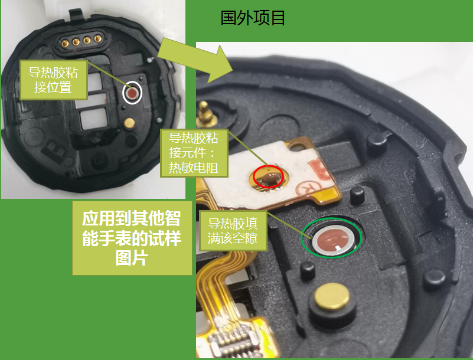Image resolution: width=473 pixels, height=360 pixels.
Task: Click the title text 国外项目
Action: click(253, 18)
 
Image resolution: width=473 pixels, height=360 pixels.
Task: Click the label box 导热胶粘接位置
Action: click(53, 80)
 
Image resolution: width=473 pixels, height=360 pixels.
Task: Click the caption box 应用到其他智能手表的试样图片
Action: click(131, 238)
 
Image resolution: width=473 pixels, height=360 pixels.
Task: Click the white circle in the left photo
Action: click(132, 93)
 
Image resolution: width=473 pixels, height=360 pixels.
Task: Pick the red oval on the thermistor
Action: click(268, 175)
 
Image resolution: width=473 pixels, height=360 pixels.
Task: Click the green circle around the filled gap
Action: click(331, 239)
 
